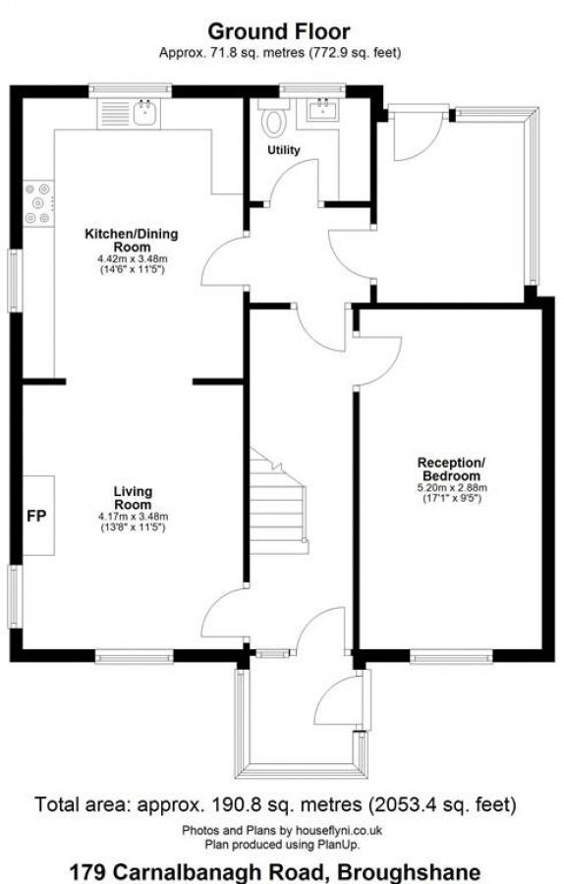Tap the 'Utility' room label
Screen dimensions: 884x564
[283, 150]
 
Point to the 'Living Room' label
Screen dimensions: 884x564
[133, 497]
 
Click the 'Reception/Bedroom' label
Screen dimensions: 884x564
[451, 469]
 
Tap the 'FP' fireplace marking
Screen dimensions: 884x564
[35, 515]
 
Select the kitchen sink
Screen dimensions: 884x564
[144, 113]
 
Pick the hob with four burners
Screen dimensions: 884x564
[37, 203]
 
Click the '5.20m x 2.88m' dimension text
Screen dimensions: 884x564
[452, 487]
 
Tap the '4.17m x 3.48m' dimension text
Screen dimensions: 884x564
[133, 517]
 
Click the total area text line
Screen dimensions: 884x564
[276, 805]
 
